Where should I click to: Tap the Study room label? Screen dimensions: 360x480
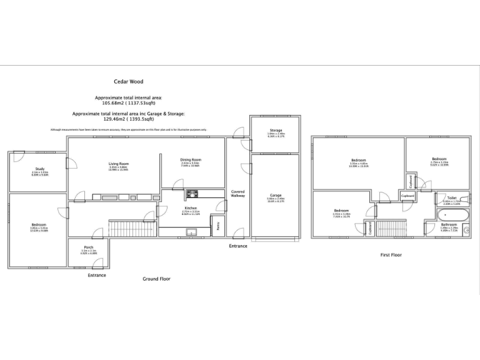(39, 169)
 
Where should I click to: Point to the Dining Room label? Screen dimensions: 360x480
(191, 159)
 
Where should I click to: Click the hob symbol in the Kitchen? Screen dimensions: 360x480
(191, 193)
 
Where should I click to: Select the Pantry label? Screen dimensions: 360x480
(217, 226)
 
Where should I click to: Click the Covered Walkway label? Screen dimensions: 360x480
(238, 194)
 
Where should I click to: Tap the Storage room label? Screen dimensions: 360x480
(276, 130)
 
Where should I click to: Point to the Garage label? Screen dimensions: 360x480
(276, 195)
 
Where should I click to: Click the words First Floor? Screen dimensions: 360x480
(391, 255)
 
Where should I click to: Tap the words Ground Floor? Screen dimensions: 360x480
(156, 279)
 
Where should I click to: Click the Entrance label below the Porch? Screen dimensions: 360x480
(97, 275)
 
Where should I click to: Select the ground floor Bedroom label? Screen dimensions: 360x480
(39, 224)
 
